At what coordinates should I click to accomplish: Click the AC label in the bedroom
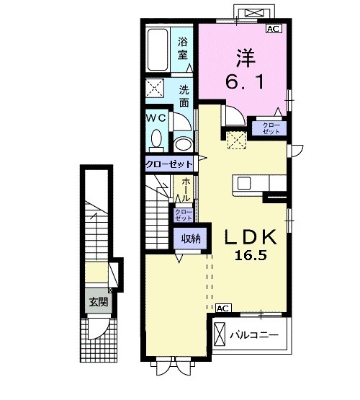coord(274,29)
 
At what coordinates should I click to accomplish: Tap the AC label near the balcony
coord(223,308)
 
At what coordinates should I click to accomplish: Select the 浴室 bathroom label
coord(183,48)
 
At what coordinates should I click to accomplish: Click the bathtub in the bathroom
coord(158,50)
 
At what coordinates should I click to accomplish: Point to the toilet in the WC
coord(156,141)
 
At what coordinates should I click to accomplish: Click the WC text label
coord(156,118)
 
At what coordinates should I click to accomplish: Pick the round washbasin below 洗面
coord(183,145)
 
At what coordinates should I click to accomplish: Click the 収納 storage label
coord(191,239)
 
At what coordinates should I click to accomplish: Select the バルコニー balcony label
coord(254,334)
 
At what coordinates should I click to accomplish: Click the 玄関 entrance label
coord(99,302)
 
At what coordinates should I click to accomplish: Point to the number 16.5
coord(251,255)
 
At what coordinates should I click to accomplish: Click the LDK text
coord(251,237)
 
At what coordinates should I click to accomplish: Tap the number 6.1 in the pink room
coord(245,82)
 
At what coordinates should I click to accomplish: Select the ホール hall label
coord(185,190)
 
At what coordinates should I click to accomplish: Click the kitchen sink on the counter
coord(244,183)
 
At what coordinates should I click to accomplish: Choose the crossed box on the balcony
coord(220,334)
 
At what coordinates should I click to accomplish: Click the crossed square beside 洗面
coord(155,88)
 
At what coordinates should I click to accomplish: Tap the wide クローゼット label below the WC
coord(168,164)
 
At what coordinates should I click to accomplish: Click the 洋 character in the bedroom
coord(246,58)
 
